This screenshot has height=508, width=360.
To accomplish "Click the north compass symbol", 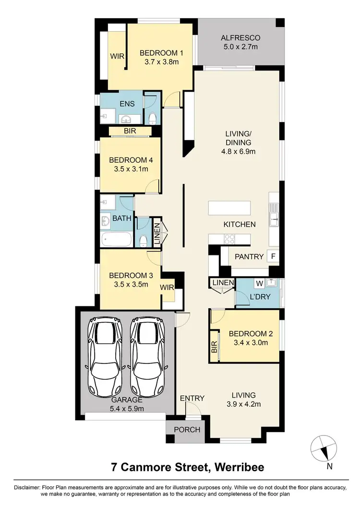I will point(323,449).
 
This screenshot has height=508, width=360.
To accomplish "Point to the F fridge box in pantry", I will point(273,256).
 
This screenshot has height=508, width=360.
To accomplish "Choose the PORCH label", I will point(187,429).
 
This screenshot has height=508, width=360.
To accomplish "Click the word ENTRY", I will point(192,398).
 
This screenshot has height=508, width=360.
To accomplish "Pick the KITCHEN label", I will point(239,224).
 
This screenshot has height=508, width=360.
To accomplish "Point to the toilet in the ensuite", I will point(152,118).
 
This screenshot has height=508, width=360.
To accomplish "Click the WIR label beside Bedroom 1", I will point(118,56).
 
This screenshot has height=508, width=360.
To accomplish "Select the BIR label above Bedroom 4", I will point(130,131).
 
